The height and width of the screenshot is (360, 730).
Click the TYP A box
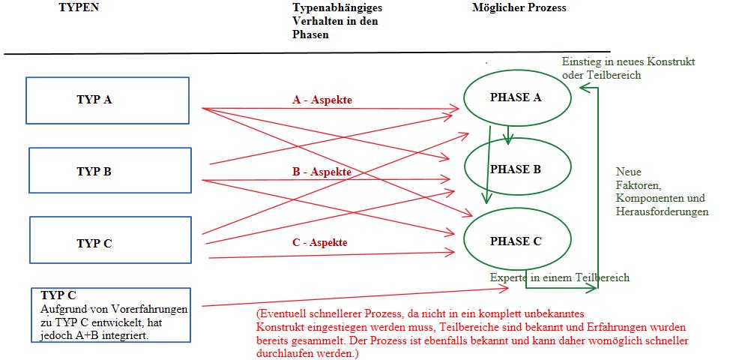(107, 100)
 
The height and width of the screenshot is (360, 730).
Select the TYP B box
(109, 172)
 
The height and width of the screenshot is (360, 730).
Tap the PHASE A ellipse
(516, 97)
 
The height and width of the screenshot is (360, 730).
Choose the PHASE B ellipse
(516, 169)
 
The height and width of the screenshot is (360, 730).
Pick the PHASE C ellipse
(516, 241)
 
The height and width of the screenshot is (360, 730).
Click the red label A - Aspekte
(322, 100)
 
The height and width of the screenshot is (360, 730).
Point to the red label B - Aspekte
(322, 172)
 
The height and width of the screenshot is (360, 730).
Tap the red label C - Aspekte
(319, 242)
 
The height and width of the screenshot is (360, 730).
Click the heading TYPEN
(79, 7)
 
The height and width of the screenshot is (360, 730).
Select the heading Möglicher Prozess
(519, 7)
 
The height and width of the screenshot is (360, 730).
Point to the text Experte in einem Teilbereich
(560, 277)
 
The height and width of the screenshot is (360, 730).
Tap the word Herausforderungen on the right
(662, 212)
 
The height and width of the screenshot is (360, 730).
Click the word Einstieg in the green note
(580, 61)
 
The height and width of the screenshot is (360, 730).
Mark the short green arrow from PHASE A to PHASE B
(510, 135)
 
